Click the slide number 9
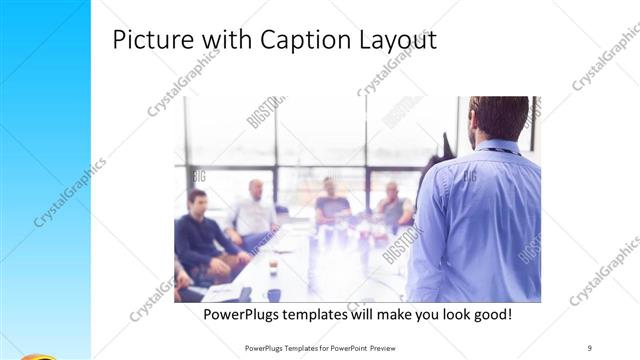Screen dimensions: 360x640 click(590, 348)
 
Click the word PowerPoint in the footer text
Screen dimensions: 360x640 click(344, 348)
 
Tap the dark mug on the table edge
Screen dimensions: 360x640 click(273, 294)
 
